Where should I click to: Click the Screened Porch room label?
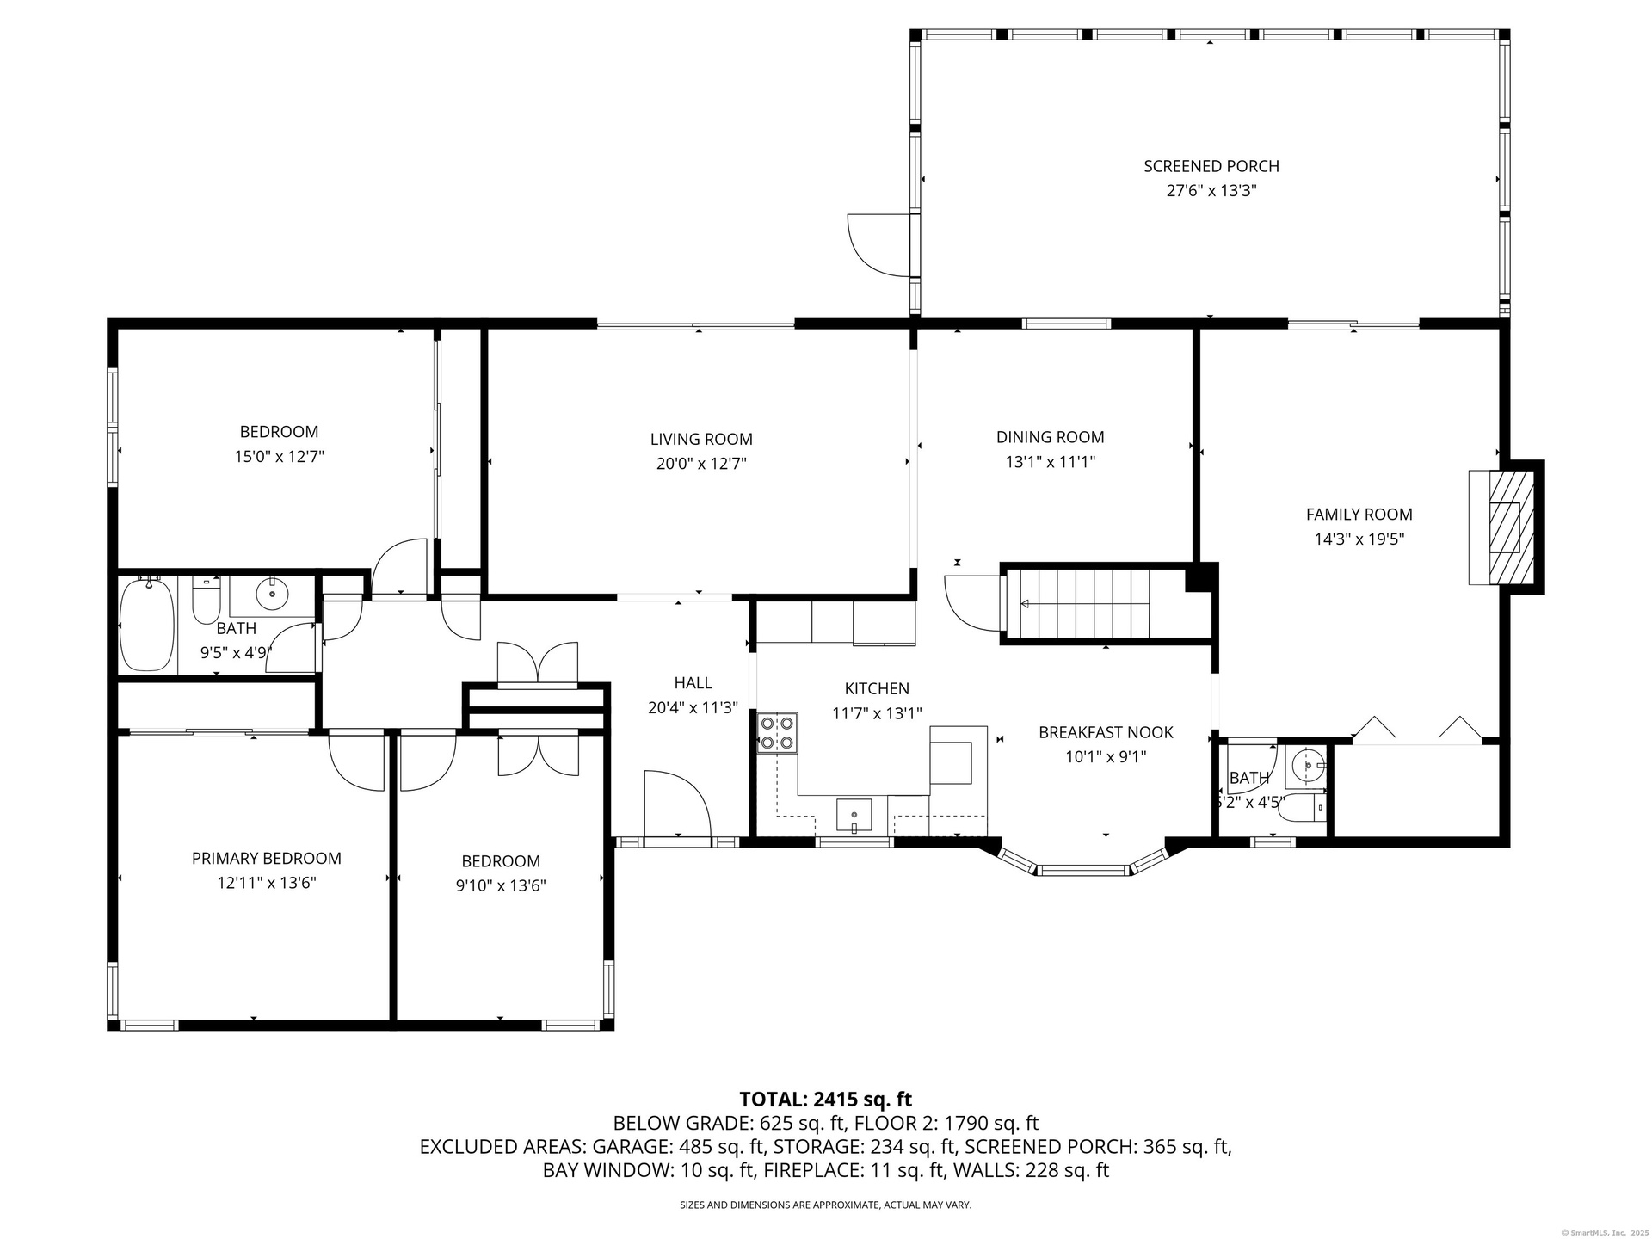pyautogui.click(x=1211, y=166)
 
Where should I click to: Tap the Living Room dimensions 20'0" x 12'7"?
pyautogui.click(x=701, y=464)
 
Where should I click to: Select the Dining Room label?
pyautogui.click(x=1050, y=437)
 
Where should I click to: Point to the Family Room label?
pyautogui.click(x=1359, y=515)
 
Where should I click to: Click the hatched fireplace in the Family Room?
pyautogui.click(x=1505, y=526)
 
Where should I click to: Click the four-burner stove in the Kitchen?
pyautogui.click(x=777, y=732)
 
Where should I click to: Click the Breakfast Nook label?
pyautogui.click(x=1106, y=732)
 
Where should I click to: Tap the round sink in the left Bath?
pyautogui.click(x=273, y=593)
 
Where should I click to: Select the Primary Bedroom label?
pyautogui.click(x=266, y=858)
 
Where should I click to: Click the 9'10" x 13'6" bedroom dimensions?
pyautogui.click(x=501, y=885)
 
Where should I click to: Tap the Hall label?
pyautogui.click(x=693, y=683)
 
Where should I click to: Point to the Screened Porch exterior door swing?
pyautogui.click(x=878, y=245)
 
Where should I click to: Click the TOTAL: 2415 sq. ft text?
pyautogui.click(x=825, y=1099)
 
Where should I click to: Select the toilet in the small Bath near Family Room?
pyautogui.click(x=1305, y=808)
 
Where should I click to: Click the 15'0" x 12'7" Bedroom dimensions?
pyautogui.click(x=279, y=457)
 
